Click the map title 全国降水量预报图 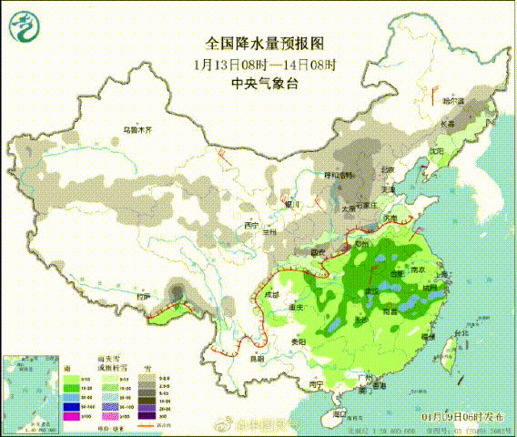click(265, 43)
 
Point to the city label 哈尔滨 click(452, 100)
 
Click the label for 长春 click(447, 123)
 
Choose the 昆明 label click(256, 359)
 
